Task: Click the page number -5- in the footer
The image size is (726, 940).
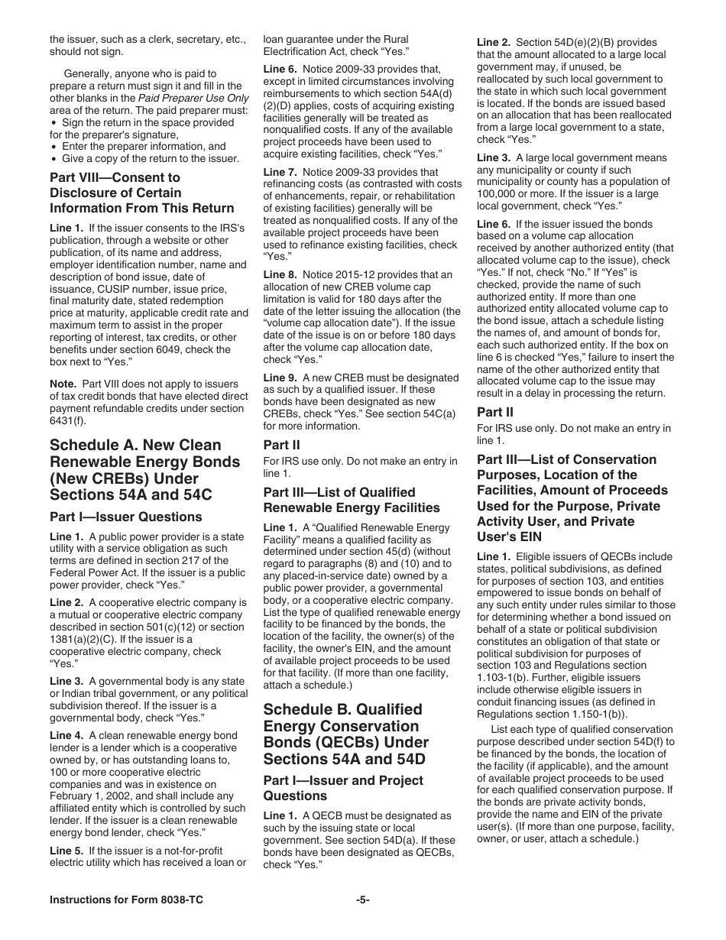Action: coord(363,900)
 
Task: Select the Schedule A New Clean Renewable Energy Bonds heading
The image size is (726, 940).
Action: coord(145,470)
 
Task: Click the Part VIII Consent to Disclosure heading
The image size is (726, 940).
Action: coord(142,193)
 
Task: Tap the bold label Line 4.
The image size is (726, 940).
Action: coord(66,735)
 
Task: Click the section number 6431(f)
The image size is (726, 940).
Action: coord(67,420)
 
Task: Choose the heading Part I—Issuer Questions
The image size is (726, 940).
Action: coord(126,517)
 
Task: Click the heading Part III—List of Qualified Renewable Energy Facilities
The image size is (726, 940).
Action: coord(352,500)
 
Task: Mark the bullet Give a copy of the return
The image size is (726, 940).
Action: coord(150,159)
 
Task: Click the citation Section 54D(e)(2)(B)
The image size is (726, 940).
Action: coord(560,43)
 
